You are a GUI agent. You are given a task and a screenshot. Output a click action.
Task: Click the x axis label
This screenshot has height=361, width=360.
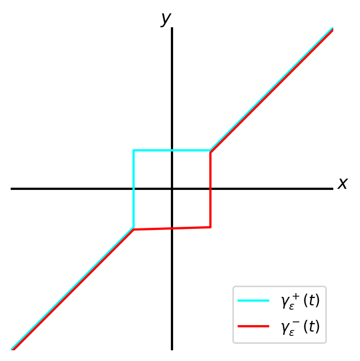(x=342, y=184)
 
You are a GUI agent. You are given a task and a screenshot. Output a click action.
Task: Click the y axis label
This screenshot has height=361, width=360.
(x=166, y=19)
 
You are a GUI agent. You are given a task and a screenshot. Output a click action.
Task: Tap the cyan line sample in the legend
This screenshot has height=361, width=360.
(x=254, y=302)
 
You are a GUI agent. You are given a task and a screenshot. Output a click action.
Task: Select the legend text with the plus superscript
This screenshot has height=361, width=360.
(x=300, y=302)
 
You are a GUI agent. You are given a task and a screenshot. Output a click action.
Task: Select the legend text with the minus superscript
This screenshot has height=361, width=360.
(x=300, y=326)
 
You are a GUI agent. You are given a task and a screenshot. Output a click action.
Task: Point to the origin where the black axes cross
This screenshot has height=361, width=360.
(x=172, y=189)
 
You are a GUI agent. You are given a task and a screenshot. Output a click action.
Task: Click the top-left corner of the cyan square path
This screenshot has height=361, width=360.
(x=134, y=151)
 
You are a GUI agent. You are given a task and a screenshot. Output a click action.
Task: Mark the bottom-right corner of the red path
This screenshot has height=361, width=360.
(x=210, y=227)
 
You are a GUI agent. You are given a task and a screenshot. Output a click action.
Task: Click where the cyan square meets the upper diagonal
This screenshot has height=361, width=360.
(x=210, y=151)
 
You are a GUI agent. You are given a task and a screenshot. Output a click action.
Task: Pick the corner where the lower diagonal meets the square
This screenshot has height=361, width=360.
(x=134, y=228)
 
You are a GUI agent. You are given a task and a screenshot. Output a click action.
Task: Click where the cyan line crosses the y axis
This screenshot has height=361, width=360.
(x=172, y=151)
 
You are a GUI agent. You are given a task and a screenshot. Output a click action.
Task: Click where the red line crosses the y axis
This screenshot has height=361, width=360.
(x=172, y=228)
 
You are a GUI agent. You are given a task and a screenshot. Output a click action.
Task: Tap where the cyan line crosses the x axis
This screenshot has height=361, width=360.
(x=134, y=189)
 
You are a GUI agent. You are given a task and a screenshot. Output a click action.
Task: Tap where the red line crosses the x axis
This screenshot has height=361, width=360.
(x=210, y=189)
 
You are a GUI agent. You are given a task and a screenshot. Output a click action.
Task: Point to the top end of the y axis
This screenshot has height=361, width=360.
(x=172, y=28)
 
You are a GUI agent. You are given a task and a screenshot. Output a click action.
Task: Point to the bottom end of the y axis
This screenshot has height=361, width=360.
(x=172, y=350)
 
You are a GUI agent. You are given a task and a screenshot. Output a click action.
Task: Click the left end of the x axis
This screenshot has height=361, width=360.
(x=11, y=189)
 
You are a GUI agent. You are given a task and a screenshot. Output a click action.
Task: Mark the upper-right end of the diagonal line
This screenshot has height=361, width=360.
(x=332, y=29)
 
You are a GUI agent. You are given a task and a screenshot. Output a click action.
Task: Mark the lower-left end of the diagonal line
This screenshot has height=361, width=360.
(x=12, y=349)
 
